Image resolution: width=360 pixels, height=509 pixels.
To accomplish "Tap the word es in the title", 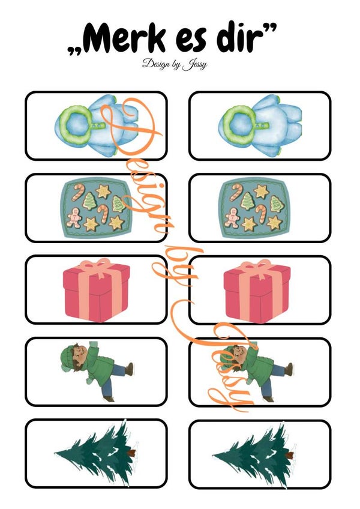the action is coord(191,41).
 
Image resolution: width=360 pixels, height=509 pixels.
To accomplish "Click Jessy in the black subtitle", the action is coord(194,65).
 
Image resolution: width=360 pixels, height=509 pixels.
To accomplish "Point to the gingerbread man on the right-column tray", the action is coord(232,217).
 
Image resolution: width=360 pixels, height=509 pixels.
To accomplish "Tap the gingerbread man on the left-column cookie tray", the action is coord(74,217).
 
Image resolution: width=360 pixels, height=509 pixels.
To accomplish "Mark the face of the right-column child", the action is coord(241,353).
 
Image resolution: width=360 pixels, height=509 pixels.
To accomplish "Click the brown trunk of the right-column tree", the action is coord(289,454).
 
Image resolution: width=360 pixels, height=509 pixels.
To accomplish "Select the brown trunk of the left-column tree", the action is coord(131,453).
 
